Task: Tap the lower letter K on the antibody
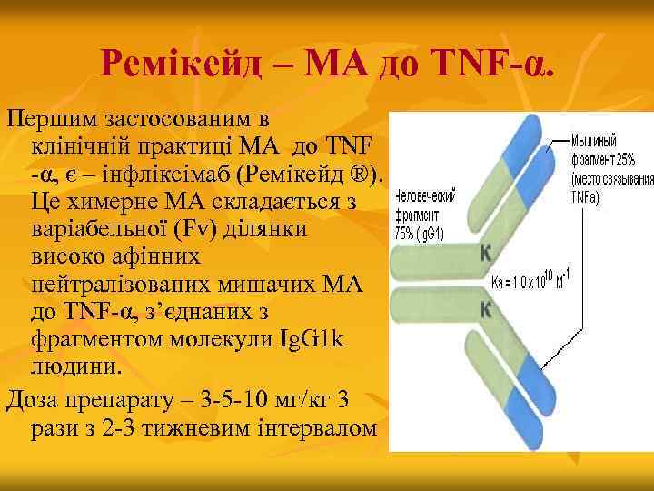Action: coord(486,309)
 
